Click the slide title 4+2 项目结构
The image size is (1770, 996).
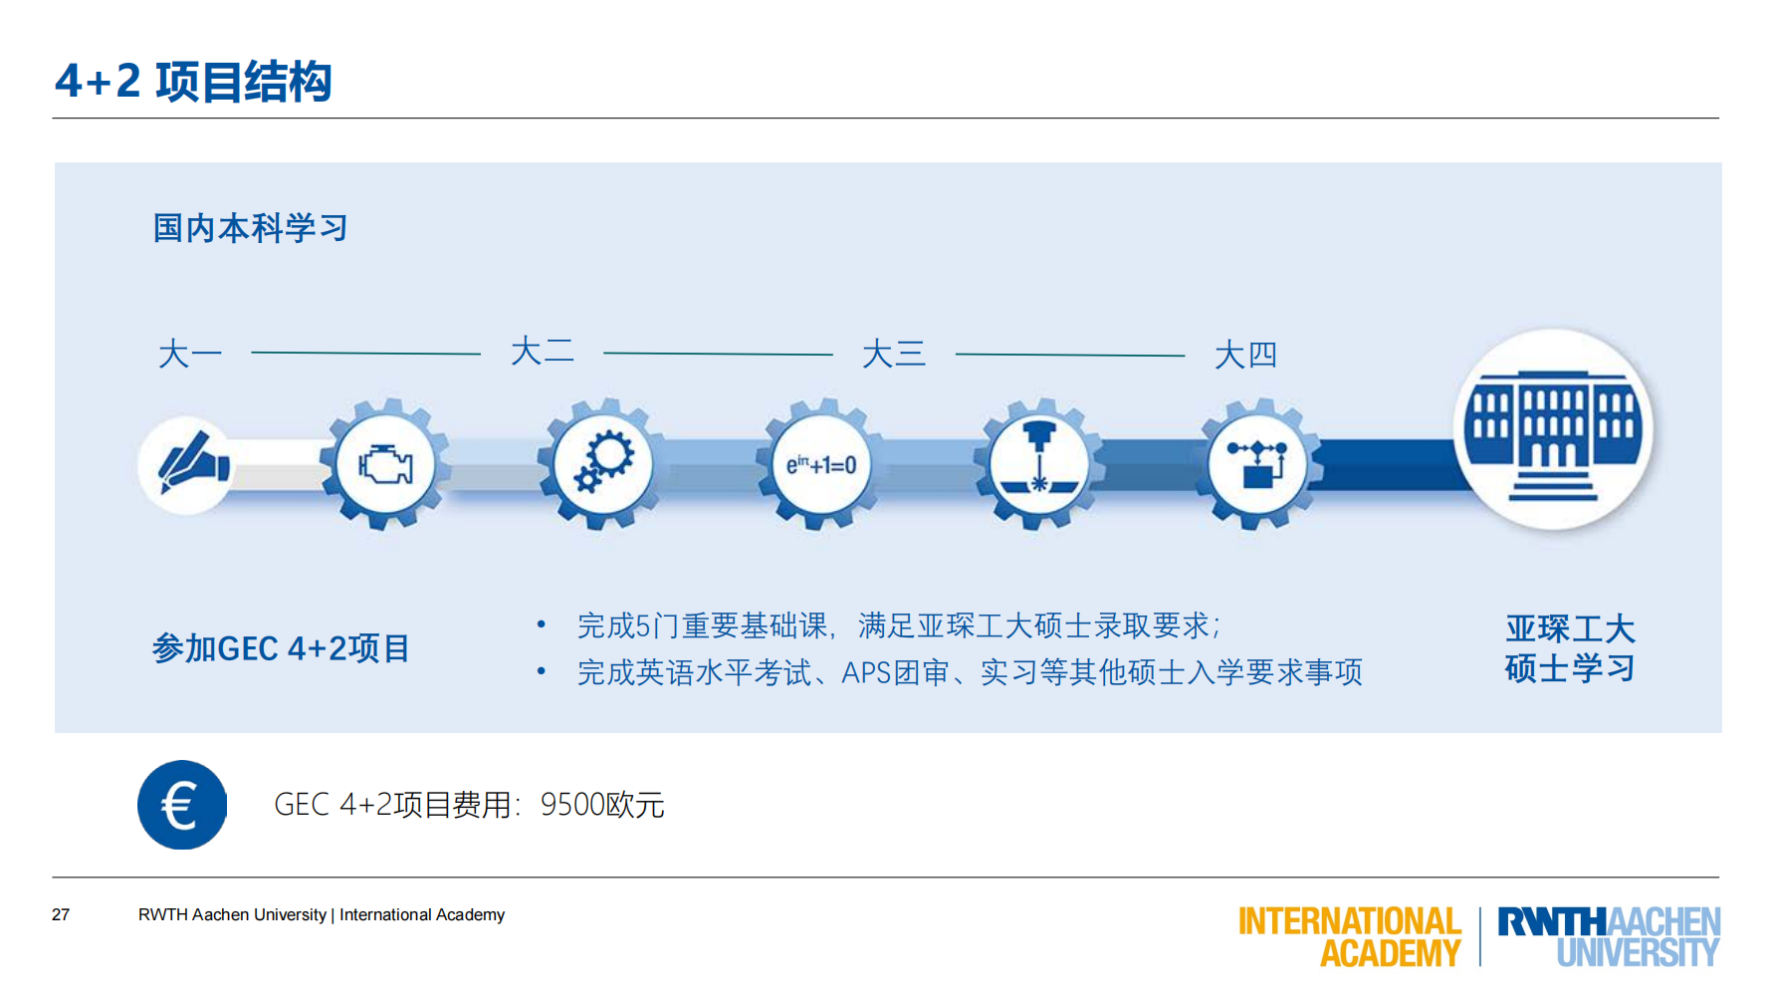193,82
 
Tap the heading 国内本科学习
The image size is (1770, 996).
250,228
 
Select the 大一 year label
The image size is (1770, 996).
189,355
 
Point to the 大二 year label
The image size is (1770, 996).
543,352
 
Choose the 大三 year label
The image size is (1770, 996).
894,354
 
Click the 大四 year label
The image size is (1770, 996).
1245,355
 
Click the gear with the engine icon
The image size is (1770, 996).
385,465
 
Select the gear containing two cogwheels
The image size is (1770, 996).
602,465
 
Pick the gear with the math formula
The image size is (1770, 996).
821,465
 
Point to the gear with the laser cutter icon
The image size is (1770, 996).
1038,465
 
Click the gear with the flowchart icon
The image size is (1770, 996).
1257,465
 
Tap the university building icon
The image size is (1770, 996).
1553,430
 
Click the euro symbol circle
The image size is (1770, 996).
182,805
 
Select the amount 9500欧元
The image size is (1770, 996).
602,805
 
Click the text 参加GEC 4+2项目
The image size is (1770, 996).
281,648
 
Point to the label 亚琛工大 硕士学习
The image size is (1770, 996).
1570,648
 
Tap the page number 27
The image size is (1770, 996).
61,914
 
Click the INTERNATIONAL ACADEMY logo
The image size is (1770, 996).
1350,936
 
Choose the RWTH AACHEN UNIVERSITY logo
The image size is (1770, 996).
1609,936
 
